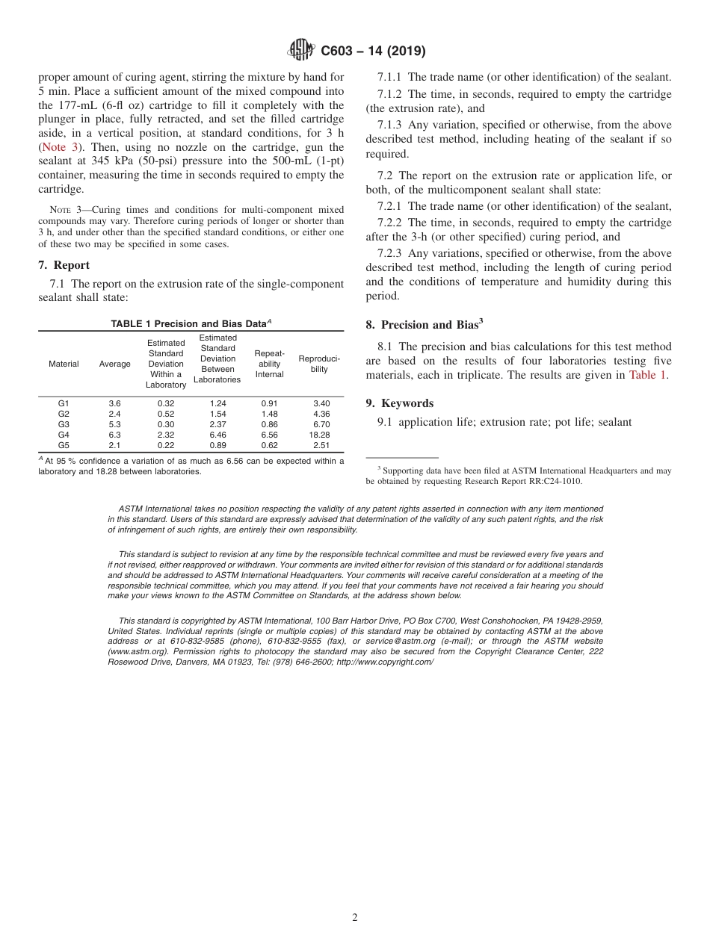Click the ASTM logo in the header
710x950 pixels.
coord(301,51)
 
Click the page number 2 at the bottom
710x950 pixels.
coord(355,918)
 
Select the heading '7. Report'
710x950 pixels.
coord(64,265)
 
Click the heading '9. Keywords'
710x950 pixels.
coord(399,403)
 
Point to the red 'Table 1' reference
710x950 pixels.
coord(647,375)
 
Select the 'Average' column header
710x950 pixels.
coord(114,364)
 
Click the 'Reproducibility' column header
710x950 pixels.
coord(319,364)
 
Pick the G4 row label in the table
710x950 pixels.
coord(64,435)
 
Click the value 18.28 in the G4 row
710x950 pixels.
coord(319,435)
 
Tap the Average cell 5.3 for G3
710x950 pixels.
coord(114,424)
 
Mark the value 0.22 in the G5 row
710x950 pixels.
coord(166,445)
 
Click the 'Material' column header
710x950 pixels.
coord(64,364)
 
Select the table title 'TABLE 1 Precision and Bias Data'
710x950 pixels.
coord(190,323)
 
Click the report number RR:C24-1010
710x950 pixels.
coord(551,481)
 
